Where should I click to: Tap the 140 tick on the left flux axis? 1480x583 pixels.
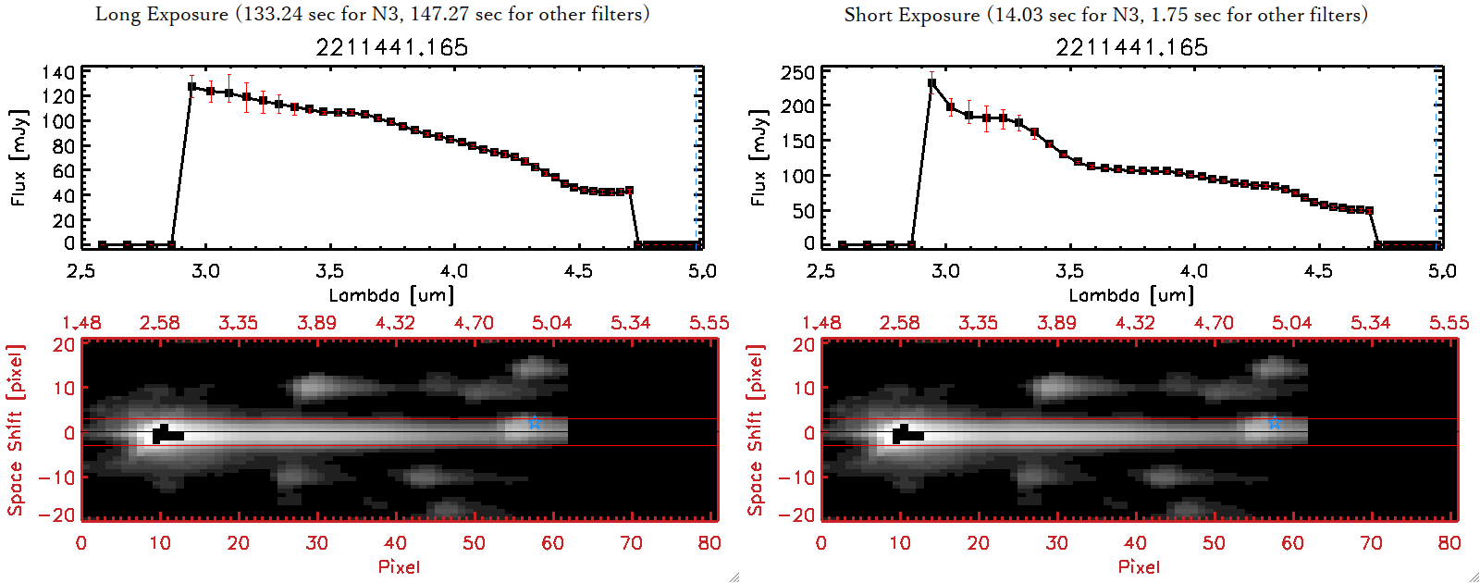[58, 72]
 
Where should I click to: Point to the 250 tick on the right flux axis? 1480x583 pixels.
[798, 72]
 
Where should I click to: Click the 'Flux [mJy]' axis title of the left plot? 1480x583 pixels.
[18, 157]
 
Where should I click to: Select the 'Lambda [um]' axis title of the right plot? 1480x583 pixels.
[1131, 295]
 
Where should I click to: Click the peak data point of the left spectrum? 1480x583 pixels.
[191, 87]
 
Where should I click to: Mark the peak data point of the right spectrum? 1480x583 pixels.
[931, 83]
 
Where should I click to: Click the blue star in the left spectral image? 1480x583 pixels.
[534, 424]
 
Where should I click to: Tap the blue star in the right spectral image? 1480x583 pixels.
[1274, 424]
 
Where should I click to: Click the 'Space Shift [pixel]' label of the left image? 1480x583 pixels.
[15, 430]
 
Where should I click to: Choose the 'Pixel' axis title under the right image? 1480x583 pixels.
[1139, 566]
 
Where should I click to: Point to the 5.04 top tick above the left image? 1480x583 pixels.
[551, 323]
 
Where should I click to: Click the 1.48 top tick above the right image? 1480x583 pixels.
[821, 323]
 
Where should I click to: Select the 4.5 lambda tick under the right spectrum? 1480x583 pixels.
[1318, 271]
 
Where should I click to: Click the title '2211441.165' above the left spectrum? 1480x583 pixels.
[391, 47]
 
